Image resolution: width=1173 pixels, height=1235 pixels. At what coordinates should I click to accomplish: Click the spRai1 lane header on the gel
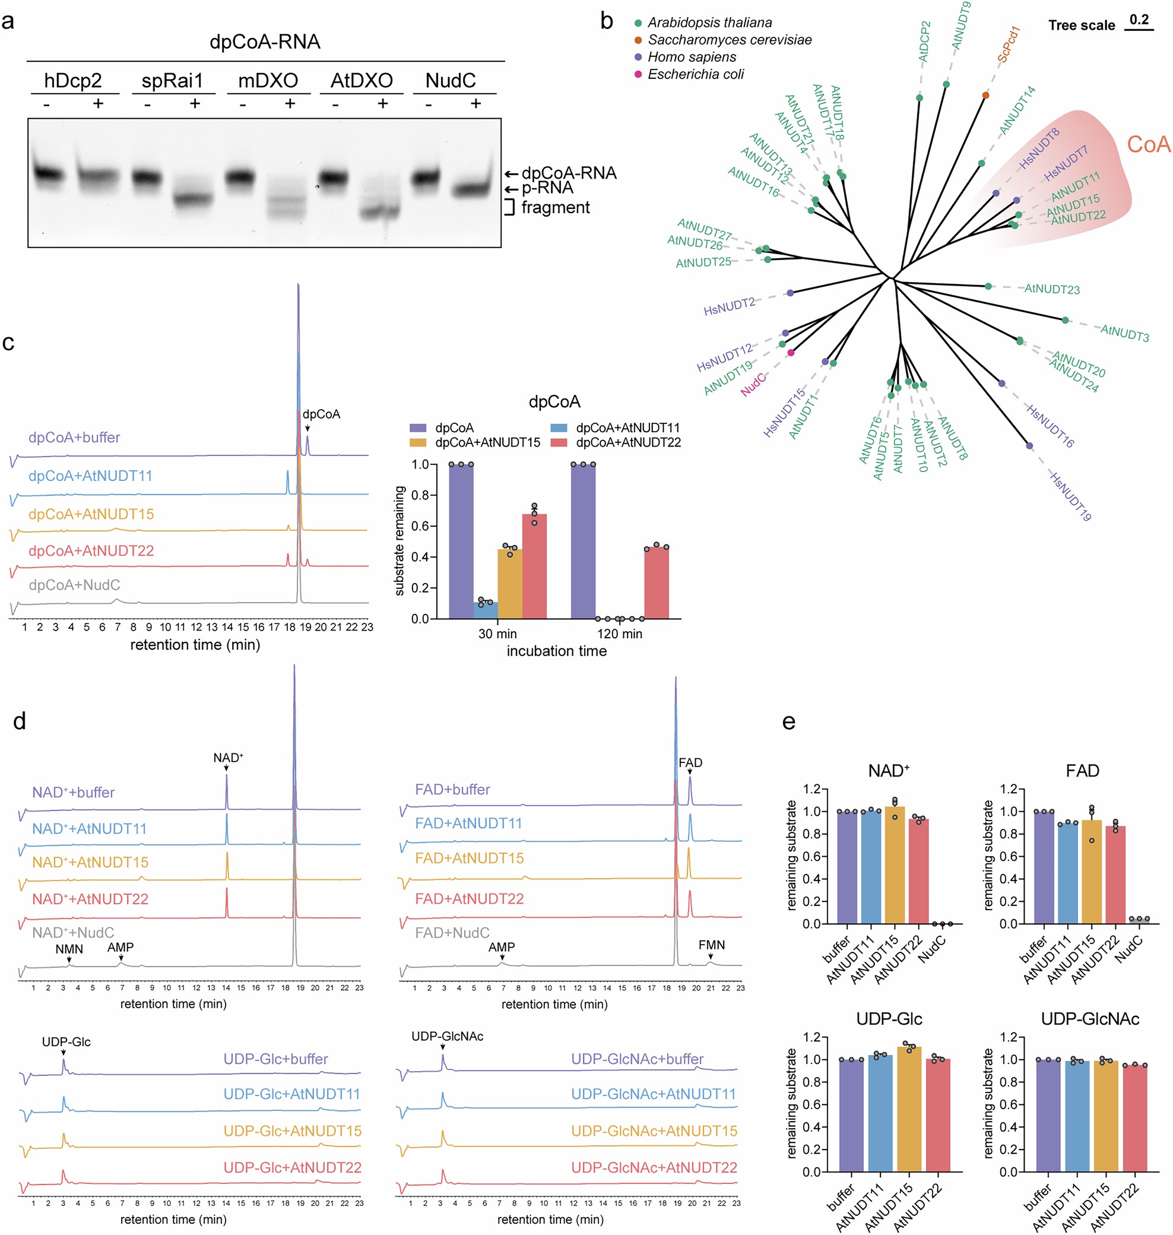[x=172, y=81]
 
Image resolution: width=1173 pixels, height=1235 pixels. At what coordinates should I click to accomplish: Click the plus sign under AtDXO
[x=383, y=103]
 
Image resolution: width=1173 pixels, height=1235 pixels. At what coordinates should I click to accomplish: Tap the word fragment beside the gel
[x=555, y=207]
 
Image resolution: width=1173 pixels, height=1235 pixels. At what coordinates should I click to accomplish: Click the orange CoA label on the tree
[x=1148, y=144]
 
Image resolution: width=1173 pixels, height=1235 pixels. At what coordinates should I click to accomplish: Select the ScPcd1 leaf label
[x=1008, y=44]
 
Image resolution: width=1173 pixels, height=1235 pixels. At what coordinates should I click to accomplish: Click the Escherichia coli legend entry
[x=695, y=74]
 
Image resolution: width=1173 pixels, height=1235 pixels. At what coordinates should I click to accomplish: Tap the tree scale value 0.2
[x=1139, y=20]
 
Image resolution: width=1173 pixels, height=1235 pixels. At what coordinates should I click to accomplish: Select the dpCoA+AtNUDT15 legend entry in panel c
[x=487, y=442]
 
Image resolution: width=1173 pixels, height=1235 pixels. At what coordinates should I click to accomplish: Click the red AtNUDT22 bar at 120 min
[x=656, y=583]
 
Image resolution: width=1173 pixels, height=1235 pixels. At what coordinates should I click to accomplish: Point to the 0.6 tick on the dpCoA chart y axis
[x=420, y=526]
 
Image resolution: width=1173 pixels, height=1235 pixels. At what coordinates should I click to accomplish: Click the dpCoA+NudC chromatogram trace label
[x=74, y=585]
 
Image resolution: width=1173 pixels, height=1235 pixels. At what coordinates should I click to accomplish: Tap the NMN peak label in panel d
[x=69, y=949]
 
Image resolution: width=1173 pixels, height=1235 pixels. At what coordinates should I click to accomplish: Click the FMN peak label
[x=712, y=945]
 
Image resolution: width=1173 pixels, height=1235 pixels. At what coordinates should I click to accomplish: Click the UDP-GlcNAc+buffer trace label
[x=636, y=1059]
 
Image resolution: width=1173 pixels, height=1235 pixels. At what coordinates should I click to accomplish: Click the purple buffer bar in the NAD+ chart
[x=847, y=867]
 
